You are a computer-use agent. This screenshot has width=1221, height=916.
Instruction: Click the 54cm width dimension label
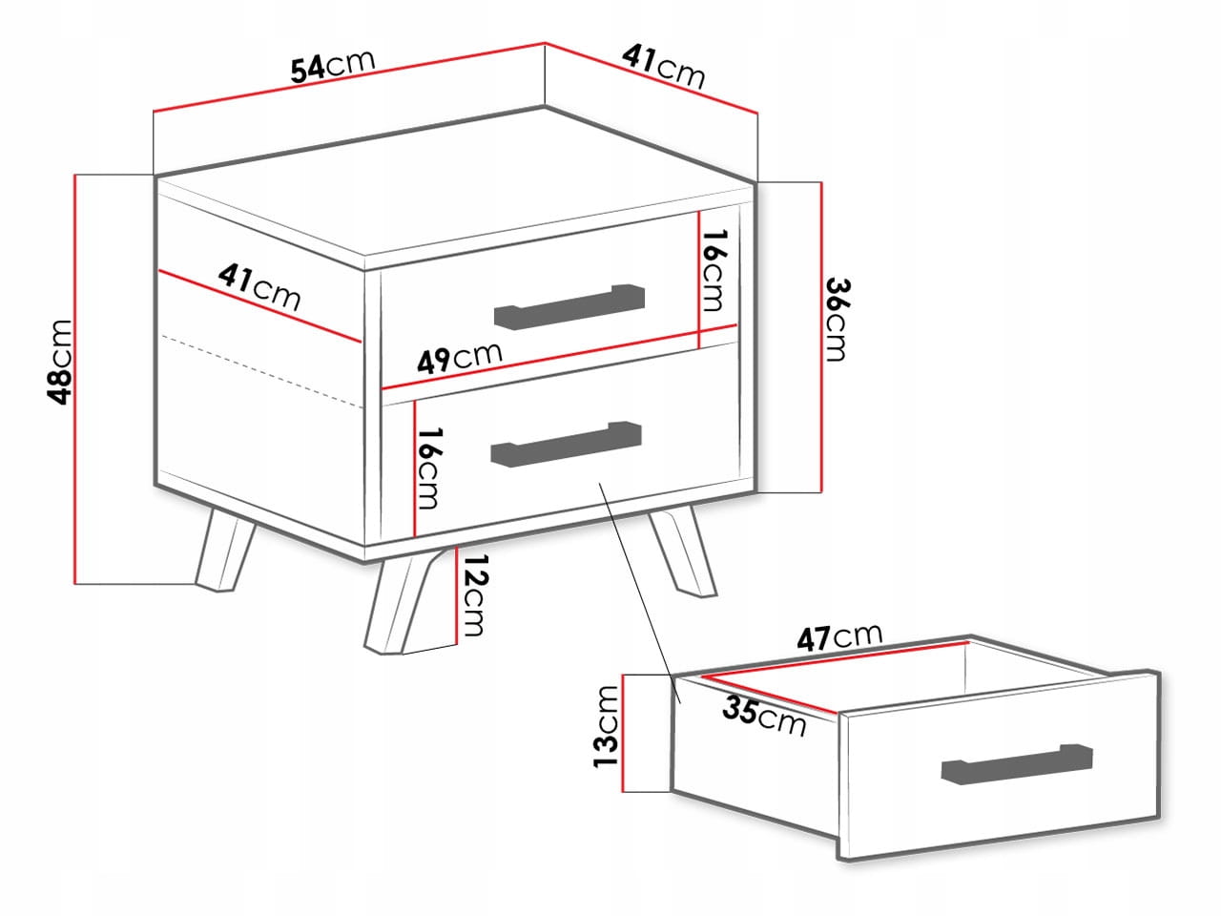(333, 67)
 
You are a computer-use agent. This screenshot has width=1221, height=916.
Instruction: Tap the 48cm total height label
(60, 362)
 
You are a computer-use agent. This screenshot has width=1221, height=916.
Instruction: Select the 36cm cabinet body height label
(838, 320)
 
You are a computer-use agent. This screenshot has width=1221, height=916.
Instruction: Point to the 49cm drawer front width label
(460, 358)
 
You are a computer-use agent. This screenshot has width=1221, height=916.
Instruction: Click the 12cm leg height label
(474, 594)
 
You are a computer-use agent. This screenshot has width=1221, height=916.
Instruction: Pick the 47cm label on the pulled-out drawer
(840, 637)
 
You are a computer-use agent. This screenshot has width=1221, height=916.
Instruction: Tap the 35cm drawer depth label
(764, 718)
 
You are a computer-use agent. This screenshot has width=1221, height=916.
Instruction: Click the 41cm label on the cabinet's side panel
(259, 287)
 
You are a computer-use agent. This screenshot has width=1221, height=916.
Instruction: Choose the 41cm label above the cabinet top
(664, 67)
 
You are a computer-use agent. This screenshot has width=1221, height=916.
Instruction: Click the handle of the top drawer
(569, 307)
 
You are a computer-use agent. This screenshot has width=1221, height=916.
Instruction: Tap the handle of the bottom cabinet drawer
(566, 444)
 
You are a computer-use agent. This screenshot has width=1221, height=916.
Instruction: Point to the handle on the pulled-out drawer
(1017, 764)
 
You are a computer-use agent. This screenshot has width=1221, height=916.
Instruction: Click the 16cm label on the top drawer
(714, 270)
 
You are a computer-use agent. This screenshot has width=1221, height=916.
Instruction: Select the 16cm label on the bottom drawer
(429, 468)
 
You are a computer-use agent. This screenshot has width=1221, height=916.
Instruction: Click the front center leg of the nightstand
(410, 602)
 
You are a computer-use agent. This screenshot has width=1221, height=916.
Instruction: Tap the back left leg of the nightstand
(225, 549)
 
